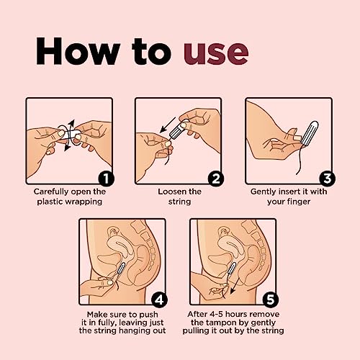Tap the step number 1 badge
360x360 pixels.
coord(106,179)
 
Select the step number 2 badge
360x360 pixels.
coord(215,179)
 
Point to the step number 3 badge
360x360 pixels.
coord(327,179)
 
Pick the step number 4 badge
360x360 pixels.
coord(159,300)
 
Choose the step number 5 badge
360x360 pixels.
coord(270,300)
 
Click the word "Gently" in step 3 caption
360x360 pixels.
coord(264,192)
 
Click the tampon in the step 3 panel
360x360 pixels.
coord(310,132)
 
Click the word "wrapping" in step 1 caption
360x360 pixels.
coord(86,202)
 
